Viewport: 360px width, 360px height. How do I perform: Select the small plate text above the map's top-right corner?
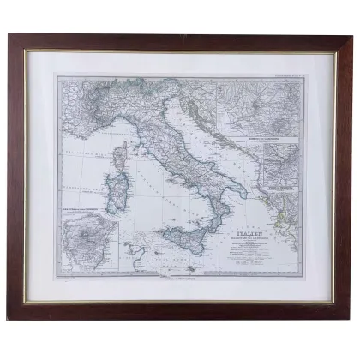(279, 76)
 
